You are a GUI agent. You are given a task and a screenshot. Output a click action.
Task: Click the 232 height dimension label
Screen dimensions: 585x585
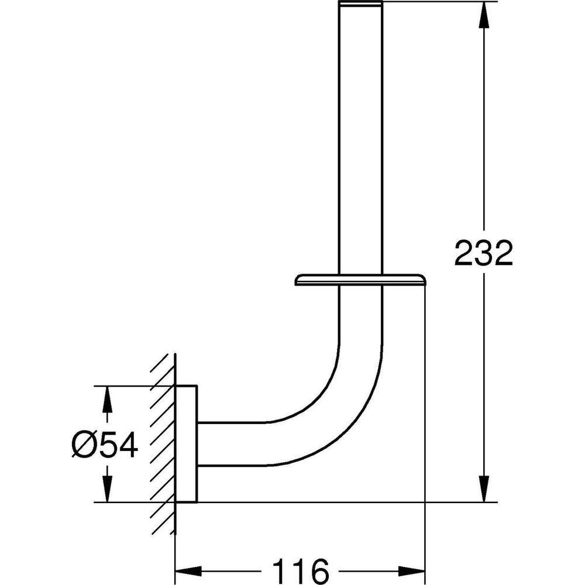(x=484, y=253)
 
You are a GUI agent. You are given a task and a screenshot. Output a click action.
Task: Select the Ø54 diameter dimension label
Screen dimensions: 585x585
(x=105, y=445)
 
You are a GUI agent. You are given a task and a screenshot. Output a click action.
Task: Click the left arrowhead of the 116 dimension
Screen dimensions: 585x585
(x=188, y=571)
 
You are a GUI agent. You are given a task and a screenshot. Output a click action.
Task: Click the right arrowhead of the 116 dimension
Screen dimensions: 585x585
(x=412, y=571)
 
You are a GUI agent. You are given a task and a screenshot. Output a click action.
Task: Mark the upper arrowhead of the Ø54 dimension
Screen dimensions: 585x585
(x=108, y=399)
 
